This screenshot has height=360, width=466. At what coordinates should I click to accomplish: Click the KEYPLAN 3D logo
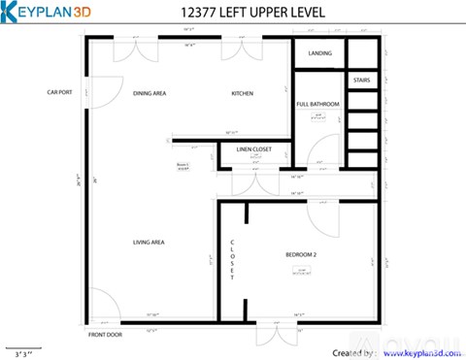[x=49, y=12]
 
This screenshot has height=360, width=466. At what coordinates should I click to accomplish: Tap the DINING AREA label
[x=150, y=93]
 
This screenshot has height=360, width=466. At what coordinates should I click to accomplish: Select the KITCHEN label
[x=242, y=93]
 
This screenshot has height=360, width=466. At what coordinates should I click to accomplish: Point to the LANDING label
[x=320, y=53]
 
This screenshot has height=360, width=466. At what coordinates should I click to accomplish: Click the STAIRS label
[x=360, y=80]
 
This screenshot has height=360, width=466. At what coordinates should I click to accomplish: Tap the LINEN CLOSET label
[x=254, y=149]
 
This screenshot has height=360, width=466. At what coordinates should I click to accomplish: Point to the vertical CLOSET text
[x=233, y=259]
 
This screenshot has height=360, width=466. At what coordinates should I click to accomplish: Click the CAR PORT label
[x=61, y=93]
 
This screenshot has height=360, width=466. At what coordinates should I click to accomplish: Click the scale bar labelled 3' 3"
[x=22, y=347]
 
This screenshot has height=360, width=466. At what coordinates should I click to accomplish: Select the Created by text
[x=352, y=352]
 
